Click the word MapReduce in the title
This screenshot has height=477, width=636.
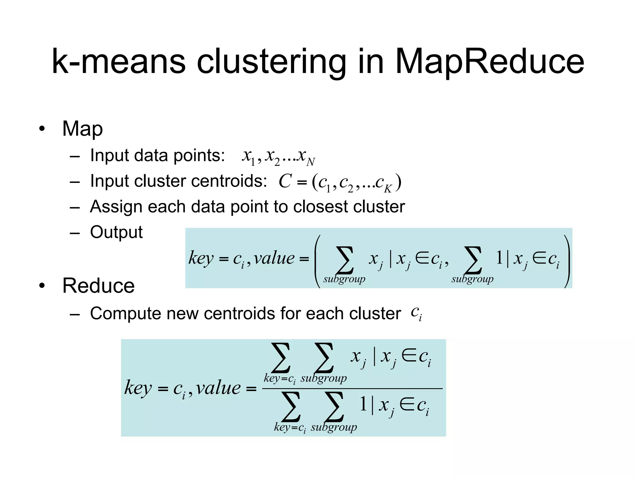coord(489,62)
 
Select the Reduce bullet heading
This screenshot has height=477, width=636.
coord(98,285)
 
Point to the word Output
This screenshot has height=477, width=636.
coord(116,232)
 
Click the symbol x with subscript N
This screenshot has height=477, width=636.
coord(306,157)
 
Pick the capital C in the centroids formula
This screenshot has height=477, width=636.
coord(285,181)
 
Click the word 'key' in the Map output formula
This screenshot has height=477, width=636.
coord(201,258)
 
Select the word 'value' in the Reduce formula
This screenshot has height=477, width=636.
coord(218,388)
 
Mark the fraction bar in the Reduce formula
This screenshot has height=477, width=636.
coord(352,388)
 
